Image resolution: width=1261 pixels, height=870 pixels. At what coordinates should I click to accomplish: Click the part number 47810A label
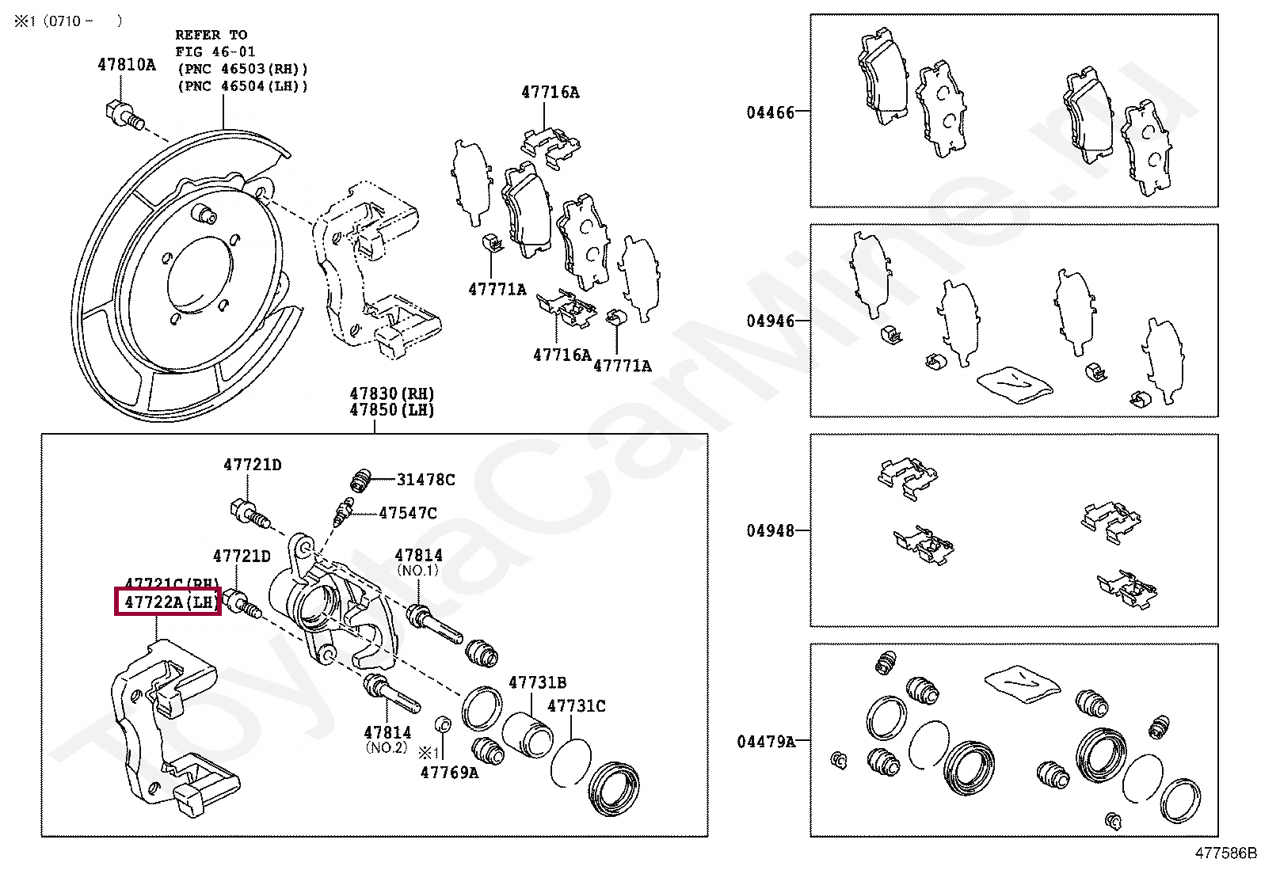tap(127, 65)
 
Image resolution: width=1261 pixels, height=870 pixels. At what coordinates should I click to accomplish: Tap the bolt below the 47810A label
tap(122, 114)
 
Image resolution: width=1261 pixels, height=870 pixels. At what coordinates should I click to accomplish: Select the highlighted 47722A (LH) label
tap(168, 603)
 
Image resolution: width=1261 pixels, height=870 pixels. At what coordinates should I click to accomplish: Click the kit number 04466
tap(770, 112)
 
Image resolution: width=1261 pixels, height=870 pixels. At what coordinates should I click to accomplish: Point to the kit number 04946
tap(770, 321)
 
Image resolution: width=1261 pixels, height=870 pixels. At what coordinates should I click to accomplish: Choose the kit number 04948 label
tap(770, 530)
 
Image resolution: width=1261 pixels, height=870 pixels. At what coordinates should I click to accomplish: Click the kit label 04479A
tap(766, 742)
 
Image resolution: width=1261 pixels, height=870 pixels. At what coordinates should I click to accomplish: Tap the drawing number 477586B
tap(1225, 853)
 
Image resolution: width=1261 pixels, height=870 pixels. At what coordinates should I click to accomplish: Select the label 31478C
tap(426, 479)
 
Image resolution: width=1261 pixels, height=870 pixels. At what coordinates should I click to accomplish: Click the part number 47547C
tap(407, 513)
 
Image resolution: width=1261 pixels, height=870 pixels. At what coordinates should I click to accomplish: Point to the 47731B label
tap(538, 682)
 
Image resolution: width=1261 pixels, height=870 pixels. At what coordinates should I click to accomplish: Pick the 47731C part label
tap(577, 705)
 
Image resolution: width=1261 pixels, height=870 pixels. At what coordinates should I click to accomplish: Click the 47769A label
tap(449, 773)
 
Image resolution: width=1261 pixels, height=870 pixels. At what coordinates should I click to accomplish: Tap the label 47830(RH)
tap(392, 393)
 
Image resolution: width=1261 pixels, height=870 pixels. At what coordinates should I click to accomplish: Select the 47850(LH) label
tap(392, 410)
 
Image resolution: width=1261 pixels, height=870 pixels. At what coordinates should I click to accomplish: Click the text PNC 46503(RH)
tap(242, 69)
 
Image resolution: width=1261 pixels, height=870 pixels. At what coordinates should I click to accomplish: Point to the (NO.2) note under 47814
tap(386, 747)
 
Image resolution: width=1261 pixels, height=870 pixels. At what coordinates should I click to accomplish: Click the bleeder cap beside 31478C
tap(362, 478)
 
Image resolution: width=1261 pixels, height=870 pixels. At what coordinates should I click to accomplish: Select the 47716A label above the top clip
tap(550, 93)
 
